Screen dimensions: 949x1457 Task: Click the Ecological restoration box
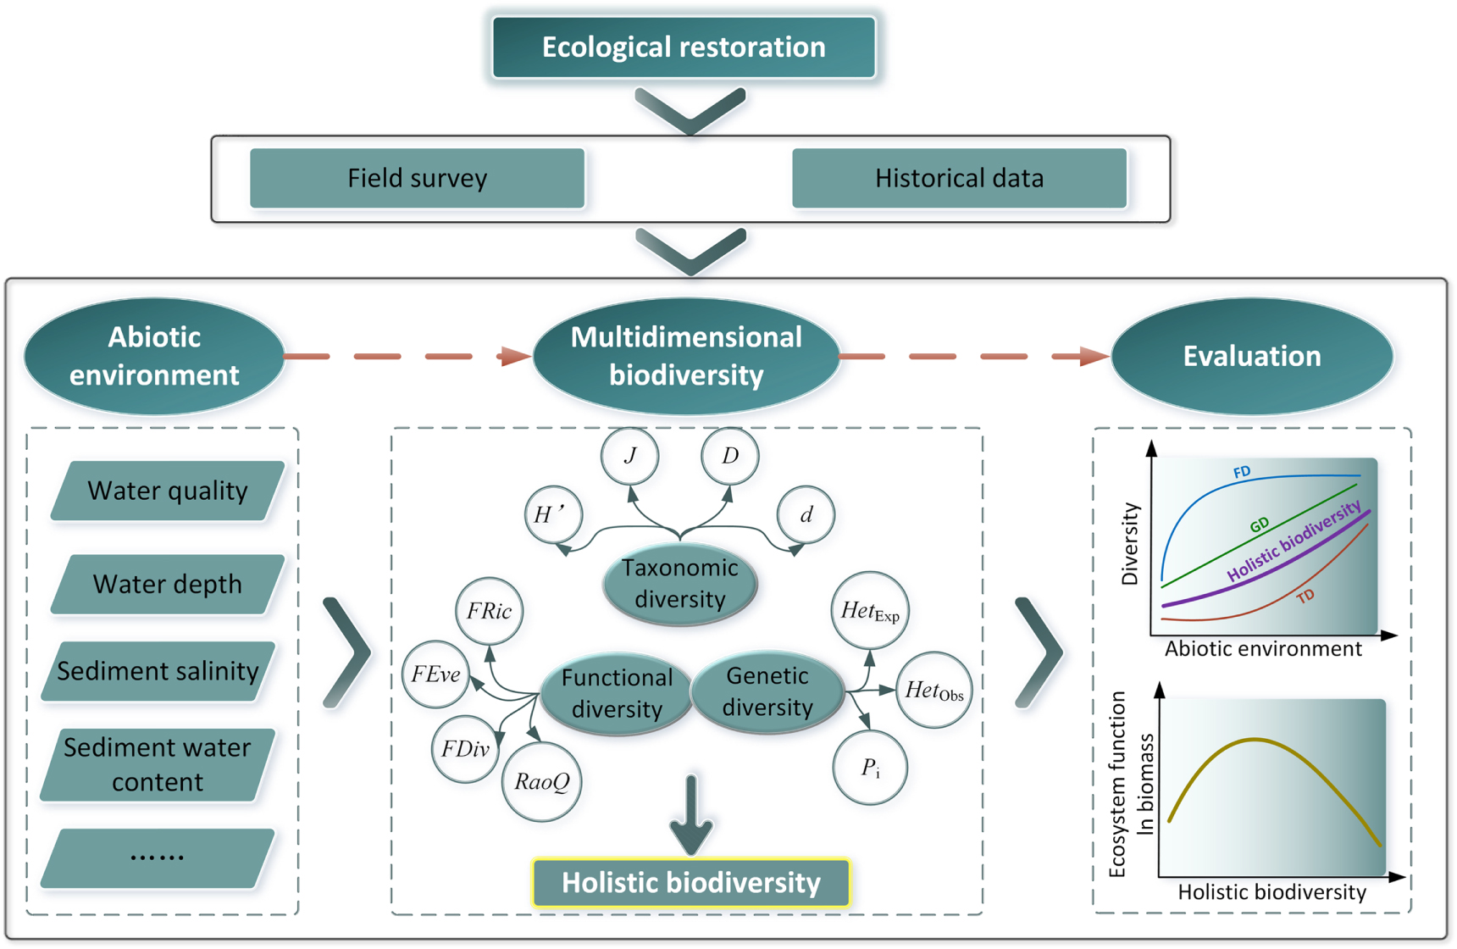[x=684, y=47]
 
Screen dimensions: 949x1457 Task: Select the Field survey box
[x=417, y=178]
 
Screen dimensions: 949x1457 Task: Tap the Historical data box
[x=959, y=178]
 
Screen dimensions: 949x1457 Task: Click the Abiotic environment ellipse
[x=154, y=356]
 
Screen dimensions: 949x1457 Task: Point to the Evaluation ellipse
[x=1251, y=356]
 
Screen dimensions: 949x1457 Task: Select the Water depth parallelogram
[x=167, y=584]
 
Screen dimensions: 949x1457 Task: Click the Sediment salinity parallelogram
[x=158, y=671]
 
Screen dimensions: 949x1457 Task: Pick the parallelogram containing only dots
[x=158, y=857]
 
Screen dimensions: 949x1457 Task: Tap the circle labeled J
[x=629, y=456]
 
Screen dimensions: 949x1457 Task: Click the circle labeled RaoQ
[x=542, y=781]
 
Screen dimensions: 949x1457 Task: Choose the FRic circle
[x=489, y=611]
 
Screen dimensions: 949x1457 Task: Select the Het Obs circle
[x=933, y=691]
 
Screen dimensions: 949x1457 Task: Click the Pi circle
[x=870, y=768]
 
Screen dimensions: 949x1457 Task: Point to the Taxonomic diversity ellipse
[x=679, y=584]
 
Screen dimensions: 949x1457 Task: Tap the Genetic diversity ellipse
[x=767, y=691]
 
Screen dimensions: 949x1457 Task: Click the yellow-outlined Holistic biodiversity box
[x=690, y=883]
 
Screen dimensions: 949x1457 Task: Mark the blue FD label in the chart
[x=1242, y=472]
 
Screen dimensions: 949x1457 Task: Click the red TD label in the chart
[x=1305, y=596]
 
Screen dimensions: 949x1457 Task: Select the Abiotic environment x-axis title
[x=1262, y=649]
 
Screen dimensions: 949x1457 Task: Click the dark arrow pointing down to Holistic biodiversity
[x=691, y=818]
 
